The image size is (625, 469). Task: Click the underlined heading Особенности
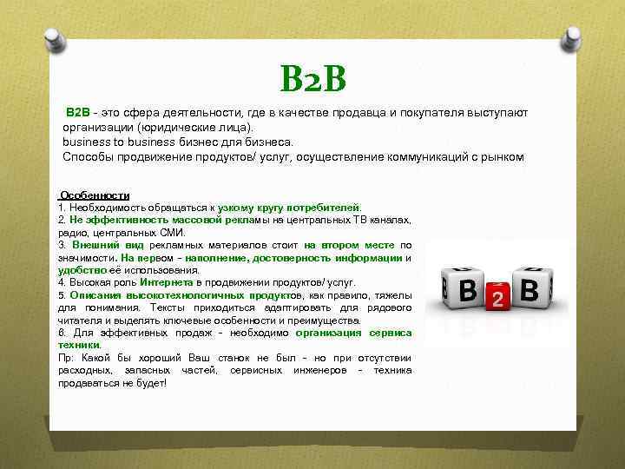tap(94, 196)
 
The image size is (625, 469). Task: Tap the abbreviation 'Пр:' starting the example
tap(65, 358)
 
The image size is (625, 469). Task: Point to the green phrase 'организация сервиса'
tap(353, 333)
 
